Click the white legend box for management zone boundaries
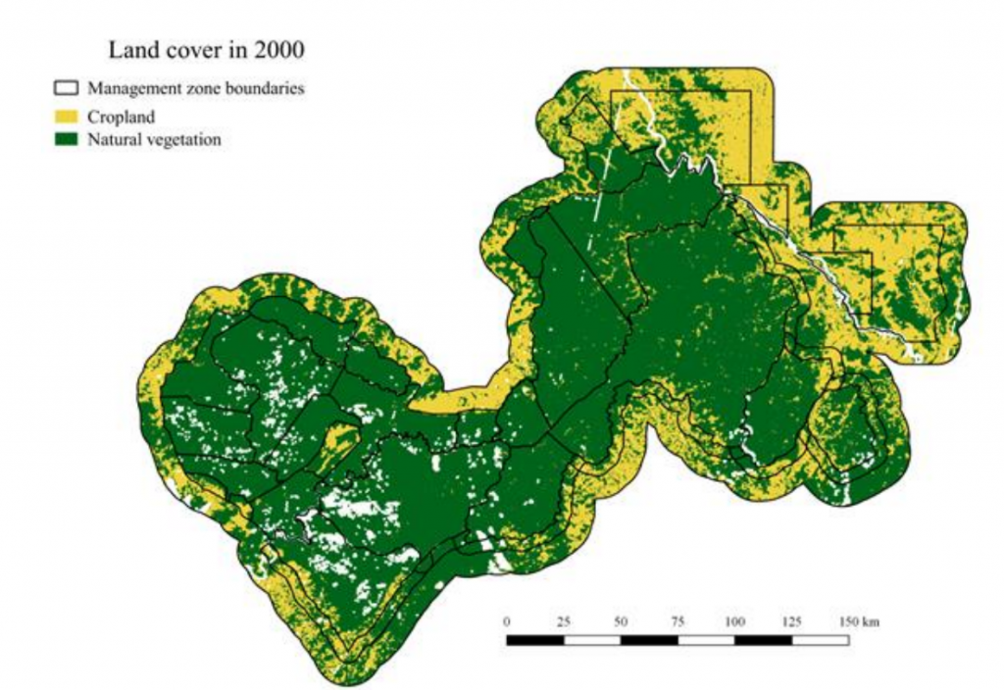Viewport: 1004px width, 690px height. (67, 88)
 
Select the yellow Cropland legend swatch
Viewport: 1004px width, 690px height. (67, 117)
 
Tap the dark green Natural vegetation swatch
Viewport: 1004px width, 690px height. (67, 140)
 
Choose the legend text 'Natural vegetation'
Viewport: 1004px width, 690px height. (154, 140)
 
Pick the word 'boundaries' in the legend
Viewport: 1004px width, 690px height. (265, 88)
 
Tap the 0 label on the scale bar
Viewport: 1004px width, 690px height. (507, 622)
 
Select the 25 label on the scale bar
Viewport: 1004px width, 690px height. (564, 622)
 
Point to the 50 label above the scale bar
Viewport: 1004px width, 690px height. (621, 622)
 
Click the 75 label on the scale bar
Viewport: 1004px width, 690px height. (678, 622)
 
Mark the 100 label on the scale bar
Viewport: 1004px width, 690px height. (734, 622)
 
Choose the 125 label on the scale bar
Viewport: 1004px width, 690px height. (791, 622)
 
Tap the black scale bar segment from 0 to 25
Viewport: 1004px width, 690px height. (535, 640)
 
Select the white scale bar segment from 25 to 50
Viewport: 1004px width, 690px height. (592, 640)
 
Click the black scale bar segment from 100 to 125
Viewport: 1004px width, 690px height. (763, 640)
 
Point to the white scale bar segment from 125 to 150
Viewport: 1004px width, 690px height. (821, 640)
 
